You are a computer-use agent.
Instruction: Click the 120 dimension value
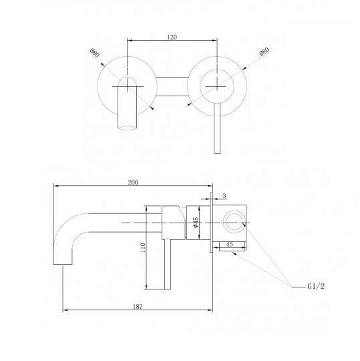coord(172,38)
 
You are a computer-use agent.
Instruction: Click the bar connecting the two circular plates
coord(171,89)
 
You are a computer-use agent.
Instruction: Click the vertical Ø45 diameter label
coord(196,222)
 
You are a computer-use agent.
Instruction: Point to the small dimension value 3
coord(224,195)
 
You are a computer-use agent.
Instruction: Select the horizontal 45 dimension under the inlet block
coord(229,245)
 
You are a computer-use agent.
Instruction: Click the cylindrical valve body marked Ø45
coord(175,220)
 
